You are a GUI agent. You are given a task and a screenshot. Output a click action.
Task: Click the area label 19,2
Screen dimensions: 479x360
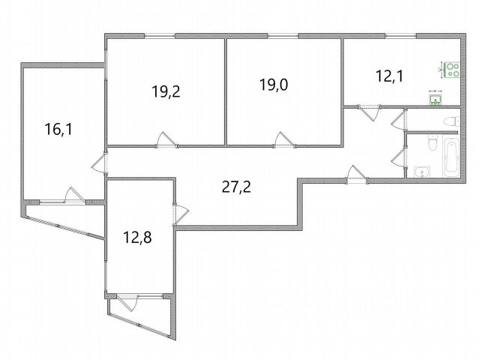(x=166, y=92)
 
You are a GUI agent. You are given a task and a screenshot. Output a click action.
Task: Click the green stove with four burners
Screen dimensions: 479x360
(x=452, y=70)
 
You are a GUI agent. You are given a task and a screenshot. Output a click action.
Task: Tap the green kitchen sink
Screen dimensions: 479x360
(x=435, y=97)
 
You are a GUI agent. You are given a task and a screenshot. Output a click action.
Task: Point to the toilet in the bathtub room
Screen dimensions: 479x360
(x=432, y=142)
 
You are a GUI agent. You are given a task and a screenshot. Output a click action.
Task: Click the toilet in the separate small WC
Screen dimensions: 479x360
(x=449, y=120)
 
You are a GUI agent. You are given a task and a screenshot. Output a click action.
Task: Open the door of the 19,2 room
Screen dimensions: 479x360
(x=166, y=140)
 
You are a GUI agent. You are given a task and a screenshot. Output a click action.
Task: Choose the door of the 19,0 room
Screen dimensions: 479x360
(x=283, y=140)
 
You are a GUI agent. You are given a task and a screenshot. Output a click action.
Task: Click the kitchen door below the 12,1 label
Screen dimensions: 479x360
(x=368, y=113)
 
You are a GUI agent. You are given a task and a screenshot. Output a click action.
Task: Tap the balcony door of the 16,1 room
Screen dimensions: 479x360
(x=73, y=195)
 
